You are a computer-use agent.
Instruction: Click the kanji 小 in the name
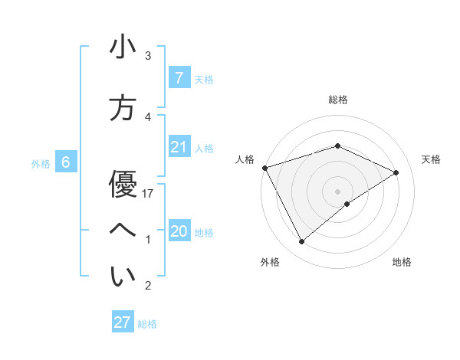click(x=123, y=47)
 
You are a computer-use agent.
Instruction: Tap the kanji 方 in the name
click(x=123, y=108)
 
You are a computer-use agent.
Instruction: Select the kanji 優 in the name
click(x=123, y=184)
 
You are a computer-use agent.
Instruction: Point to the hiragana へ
click(x=123, y=231)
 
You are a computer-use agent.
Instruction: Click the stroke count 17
click(x=149, y=194)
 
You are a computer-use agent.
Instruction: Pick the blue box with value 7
click(x=179, y=77)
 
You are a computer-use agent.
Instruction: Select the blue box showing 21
click(x=179, y=147)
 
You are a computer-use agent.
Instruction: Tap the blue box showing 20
click(x=179, y=231)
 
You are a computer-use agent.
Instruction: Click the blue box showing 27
click(x=123, y=322)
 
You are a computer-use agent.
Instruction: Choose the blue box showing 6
click(x=66, y=162)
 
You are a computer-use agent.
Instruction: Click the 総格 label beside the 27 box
click(x=147, y=324)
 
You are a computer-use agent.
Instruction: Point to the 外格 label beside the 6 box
click(x=41, y=163)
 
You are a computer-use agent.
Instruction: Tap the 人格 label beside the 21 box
click(x=204, y=148)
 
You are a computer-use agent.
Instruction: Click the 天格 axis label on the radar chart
click(x=431, y=159)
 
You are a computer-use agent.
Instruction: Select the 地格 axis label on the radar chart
click(x=402, y=262)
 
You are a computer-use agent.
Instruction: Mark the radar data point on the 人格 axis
click(x=264, y=168)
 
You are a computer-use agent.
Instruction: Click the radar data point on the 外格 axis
click(x=301, y=242)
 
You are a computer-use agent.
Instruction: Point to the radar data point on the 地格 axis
click(x=347, y=204)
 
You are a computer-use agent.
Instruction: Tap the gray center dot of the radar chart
click(x=337, y=191)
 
